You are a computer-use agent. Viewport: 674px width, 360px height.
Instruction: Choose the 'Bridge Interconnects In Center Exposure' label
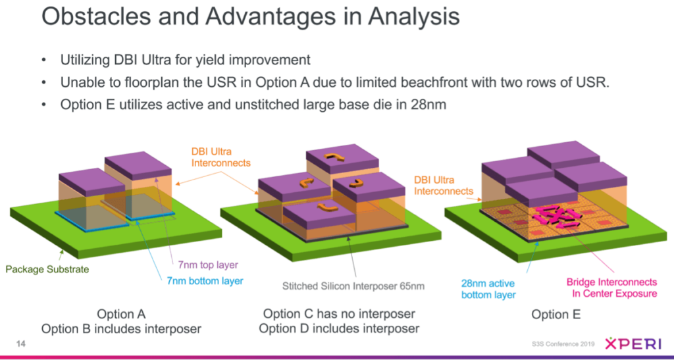tap(611, 288)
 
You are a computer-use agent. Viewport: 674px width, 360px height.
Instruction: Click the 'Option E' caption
tap(556, 315)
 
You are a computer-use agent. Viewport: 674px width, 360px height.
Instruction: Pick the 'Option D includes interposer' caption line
tap(339, 328)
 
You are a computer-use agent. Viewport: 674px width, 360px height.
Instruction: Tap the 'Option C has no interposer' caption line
tap(339, 314)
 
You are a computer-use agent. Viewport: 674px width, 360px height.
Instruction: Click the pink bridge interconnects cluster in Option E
tap(554, 217)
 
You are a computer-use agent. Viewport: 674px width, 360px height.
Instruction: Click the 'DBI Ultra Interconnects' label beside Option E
tap(440, 186)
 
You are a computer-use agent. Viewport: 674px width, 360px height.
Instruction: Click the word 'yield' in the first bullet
tap(197, 61)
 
